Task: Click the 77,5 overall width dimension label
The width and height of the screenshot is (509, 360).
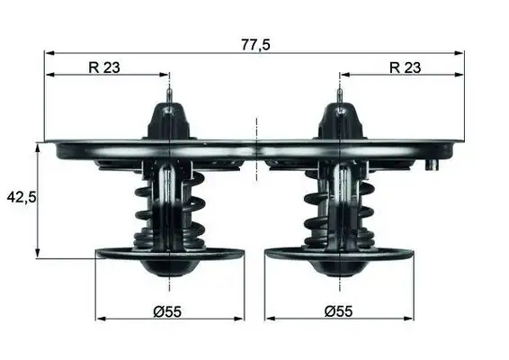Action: (x=254, y=43)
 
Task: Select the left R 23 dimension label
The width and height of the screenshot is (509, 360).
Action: (x=106, y=66)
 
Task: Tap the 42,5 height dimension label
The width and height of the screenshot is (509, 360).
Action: (x=20, y=196)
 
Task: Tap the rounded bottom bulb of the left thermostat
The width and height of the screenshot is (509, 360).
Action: (x=169, y=267)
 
